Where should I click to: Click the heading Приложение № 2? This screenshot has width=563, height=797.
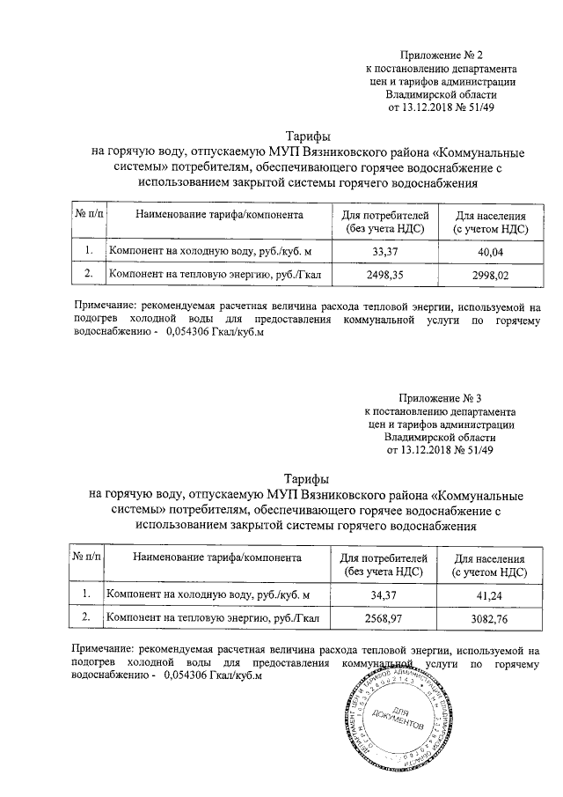point(441,54)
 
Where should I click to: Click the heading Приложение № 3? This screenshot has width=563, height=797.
point(441,399)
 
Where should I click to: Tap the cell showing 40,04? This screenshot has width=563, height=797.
point(490,252)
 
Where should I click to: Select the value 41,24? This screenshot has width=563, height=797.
point(490,596)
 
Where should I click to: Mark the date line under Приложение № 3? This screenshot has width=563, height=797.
point(441,450)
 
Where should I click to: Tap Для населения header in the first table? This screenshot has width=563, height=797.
point(490,221)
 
